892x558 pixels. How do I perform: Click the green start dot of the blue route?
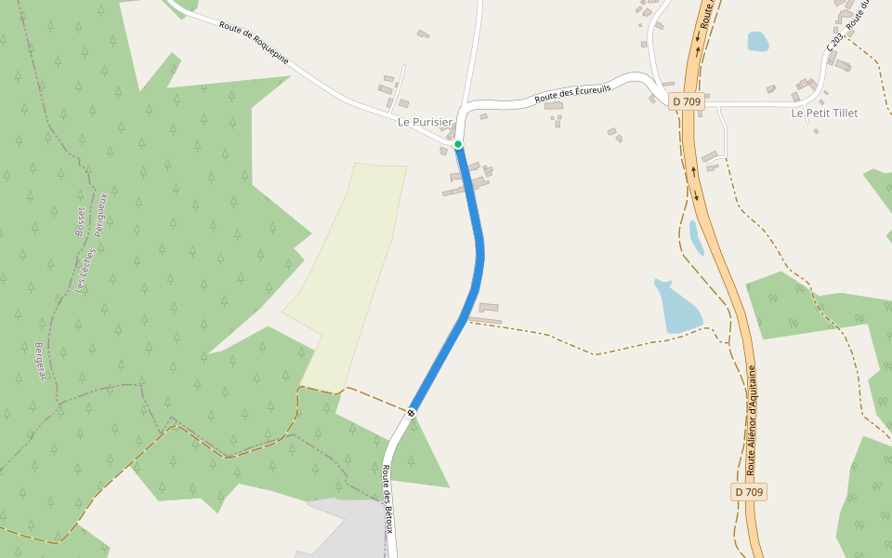tap(458, 144)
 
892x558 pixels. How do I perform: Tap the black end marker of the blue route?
tap(411, 412)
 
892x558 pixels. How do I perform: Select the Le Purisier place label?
tap(425, 122)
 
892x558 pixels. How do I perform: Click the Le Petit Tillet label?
tap(824, 113)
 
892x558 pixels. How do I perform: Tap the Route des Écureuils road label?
tap(572, 91)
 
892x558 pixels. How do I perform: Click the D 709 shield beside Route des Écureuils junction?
tap(688, 100)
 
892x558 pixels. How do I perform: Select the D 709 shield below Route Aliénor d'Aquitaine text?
tap(749, 492)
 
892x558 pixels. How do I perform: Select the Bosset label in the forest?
tap(79, 221)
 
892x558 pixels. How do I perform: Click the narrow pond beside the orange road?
tap(696, 238)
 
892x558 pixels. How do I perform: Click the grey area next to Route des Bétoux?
tap(348, 530)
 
